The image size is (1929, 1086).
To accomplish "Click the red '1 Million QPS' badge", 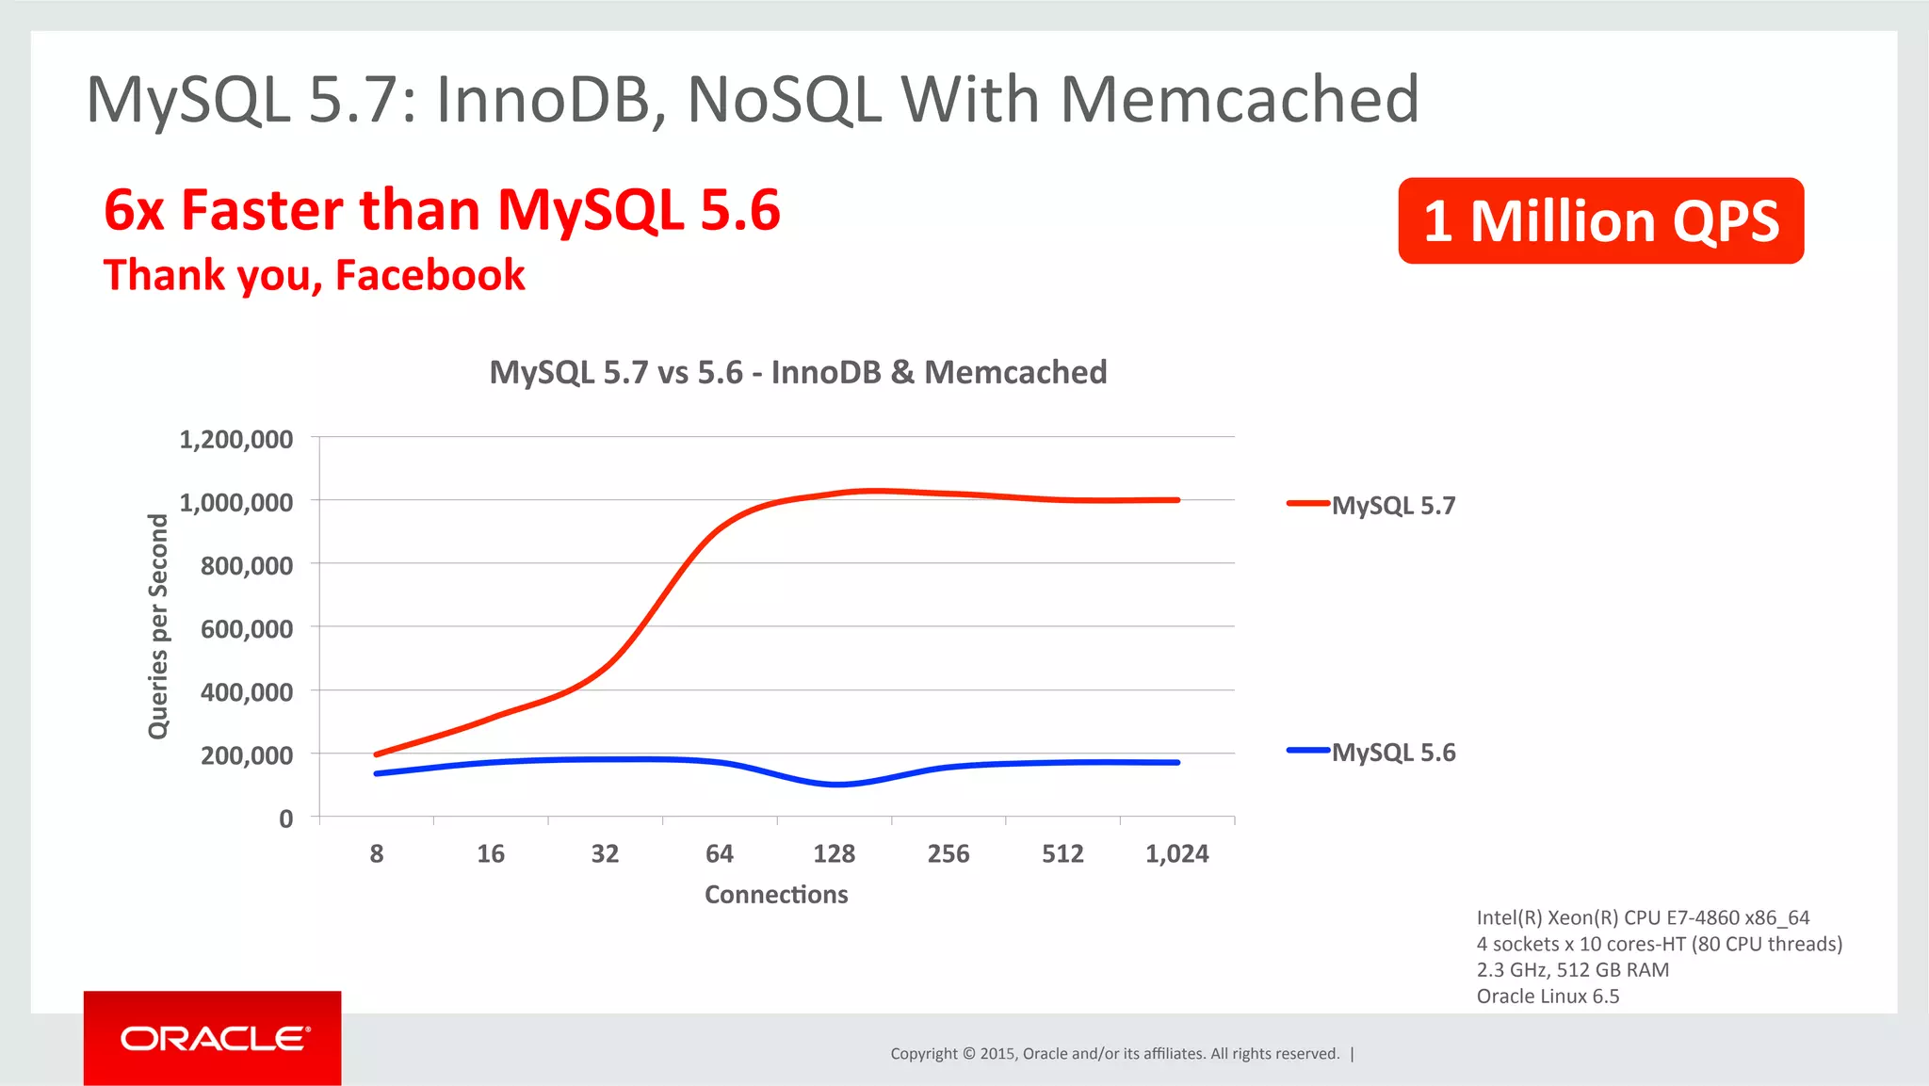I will point(1600,221).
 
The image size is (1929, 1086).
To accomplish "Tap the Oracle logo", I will point(214,1038).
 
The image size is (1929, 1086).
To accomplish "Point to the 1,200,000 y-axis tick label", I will point(236,439).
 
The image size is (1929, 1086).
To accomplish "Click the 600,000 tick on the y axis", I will point(247,628).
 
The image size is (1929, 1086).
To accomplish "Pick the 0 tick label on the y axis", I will point(286,819).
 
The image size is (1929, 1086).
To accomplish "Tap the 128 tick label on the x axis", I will point(834,854).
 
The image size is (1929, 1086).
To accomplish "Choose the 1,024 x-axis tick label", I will point(1176,854).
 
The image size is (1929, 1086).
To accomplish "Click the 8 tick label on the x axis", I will point(377,854).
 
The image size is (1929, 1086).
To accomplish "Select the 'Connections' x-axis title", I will point(776,894).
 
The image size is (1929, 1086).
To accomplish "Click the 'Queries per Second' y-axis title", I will point(158,626).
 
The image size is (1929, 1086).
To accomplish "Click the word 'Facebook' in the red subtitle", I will point(430,275).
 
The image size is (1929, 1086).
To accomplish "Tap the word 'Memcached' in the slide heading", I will point(1239,99).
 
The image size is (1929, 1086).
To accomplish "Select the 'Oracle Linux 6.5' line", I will point(1548,997).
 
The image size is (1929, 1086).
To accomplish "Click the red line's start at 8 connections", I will point(377,754).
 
